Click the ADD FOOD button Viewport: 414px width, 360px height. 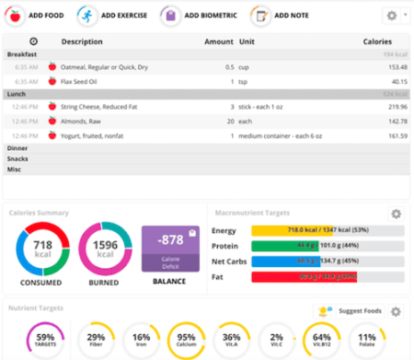(37, 16)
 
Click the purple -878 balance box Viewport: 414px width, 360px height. (168, 250)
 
